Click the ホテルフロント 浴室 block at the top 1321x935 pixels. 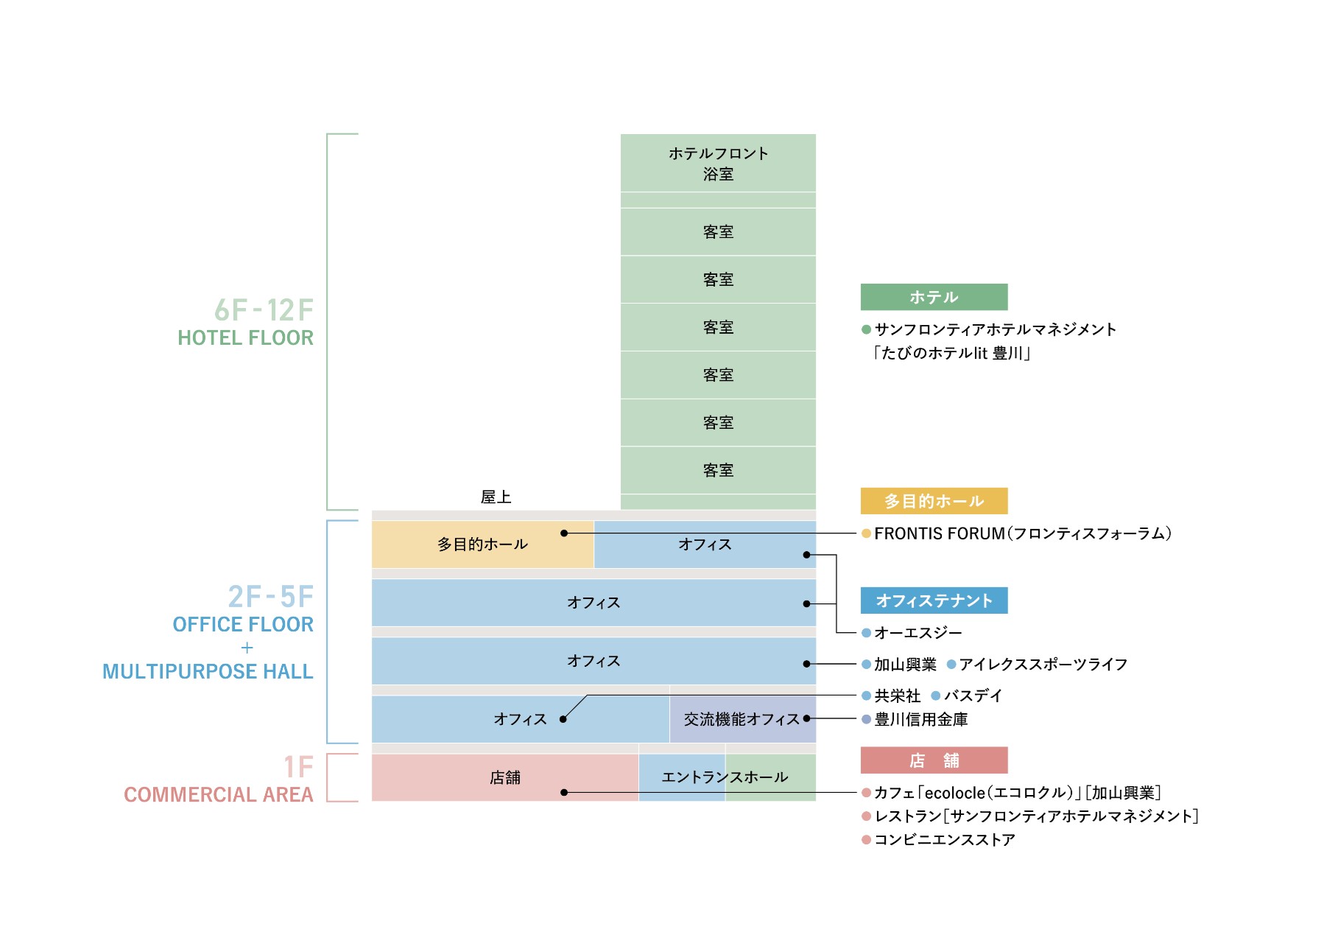tap(718, 163)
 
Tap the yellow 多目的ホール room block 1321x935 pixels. tap(482, 544)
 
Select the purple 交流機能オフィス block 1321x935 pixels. tap(742, 719)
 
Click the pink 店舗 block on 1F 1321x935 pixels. tap(505, 777)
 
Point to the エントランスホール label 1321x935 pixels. tap(725, 777)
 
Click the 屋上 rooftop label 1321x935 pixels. tap(496, 497)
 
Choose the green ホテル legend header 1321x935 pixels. tap(934, 297)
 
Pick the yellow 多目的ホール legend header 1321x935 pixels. tap(934, 501)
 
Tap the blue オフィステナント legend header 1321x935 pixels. tap(934, 600)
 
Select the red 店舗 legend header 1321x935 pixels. tap(934, 760)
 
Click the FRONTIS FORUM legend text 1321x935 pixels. tap(1022, 533)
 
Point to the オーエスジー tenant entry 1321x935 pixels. tap(917, 633)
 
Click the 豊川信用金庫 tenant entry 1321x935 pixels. tap(920, 719)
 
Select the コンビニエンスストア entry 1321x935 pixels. tap(944, 840)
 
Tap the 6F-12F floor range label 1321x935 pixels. tap(264, 310)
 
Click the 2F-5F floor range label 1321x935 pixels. tap(270, 596)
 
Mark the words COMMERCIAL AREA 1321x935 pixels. tap(219, 795)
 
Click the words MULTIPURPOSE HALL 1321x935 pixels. tap(208, 672)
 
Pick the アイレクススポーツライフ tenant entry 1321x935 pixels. tap(1043, 665)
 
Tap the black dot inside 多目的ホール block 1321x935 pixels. tap(564, 533)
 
